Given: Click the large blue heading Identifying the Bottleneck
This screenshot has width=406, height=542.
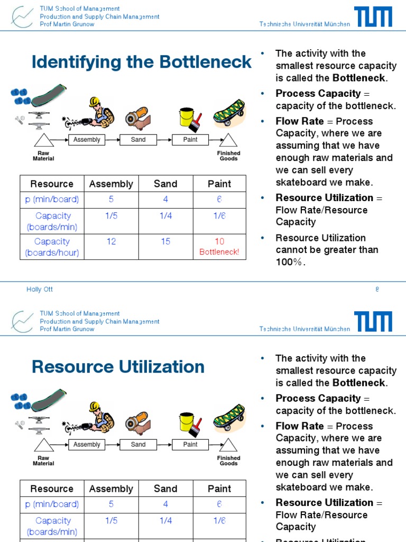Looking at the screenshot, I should [x=142, y=62].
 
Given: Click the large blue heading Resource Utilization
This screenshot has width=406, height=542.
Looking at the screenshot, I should [x=118, y=367].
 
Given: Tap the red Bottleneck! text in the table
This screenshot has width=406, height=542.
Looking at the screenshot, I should [x=219, y=252].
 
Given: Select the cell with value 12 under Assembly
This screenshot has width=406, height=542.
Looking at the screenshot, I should [x=111, y=242].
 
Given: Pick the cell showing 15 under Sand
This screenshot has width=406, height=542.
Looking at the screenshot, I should [x=165, y=242].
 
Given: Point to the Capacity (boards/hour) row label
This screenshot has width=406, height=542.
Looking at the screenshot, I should [x=52, y=247].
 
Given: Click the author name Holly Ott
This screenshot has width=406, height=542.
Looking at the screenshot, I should [x=40, y=290].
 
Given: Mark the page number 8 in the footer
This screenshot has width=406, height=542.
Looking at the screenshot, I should [x=377, y=290].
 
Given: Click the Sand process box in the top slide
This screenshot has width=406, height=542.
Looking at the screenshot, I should [x=139, y=140].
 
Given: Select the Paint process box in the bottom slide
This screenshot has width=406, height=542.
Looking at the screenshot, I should [x=190, y=445].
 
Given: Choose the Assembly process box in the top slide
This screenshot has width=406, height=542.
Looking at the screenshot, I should [x=87, y=140].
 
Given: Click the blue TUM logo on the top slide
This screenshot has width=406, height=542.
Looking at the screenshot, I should [x=373, y=16].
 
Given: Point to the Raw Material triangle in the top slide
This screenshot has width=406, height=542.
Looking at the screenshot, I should [x=43, y=141].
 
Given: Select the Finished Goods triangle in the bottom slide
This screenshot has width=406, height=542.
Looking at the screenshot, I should [x=228, y=445].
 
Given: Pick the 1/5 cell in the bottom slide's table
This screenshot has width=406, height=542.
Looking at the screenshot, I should [x=111, y=521].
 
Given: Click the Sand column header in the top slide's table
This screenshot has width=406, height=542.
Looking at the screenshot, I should [x=165, y=184].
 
